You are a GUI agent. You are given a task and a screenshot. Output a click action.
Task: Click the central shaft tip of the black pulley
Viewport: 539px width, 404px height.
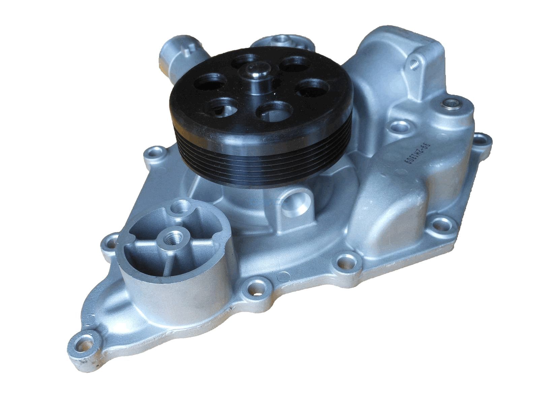258,70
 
